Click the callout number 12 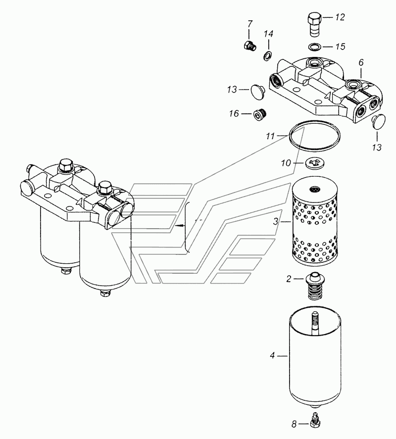click(x=340, y=17)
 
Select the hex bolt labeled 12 click(x=314, y=24)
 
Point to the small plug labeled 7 click(x=249, y=46)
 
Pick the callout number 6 click(x=361, y=63)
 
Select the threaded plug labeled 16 click(x=259, y=114)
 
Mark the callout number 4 click(x=272, y=356)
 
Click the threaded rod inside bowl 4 click(x=315, y=323)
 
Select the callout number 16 click(x=234, y=114)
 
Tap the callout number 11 click(x=270, y=136)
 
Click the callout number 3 click(x=276, y=222)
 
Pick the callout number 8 click(x=294, y=425)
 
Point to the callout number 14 click(x=268, y=34)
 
